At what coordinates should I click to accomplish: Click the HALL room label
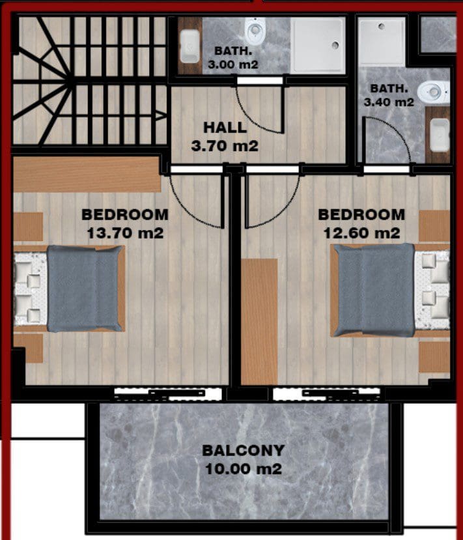pyautogui.click(x=225, y=128)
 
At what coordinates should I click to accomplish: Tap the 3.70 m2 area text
pyautogui.click(x=225, y=146)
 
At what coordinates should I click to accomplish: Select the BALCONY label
pyautogui.click(x=244, y=450)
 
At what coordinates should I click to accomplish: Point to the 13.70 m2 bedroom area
pyautogui.click(x=125, y=233)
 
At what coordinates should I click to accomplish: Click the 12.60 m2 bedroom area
pyautogui.click(x=361, y=233)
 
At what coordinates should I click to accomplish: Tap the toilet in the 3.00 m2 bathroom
pyautogui.click(x=255, y=31)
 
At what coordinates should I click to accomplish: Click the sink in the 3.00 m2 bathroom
pyautogui.click(x=189, y=46)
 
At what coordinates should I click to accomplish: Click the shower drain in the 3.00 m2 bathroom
pyautogui.click(x=335, y=44)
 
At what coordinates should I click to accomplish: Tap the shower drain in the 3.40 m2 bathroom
pyautogui.click(x=381, y=26)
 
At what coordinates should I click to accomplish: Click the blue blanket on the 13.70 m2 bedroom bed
pyautogui.click(x=85, y=289)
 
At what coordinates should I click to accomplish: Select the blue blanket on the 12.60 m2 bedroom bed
pyautogui.click(x=375, y=291)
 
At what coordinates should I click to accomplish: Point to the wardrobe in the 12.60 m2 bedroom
pyautogui.click(x=259, y=321)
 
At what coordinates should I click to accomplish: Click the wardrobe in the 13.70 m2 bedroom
pyautogui.click(x=87, y=175)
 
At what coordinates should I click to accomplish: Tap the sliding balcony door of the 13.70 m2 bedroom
pyautogui.click(x=168, y=394)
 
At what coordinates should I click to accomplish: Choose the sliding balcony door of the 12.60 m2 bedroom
pyautogui.click(x=327, y=394)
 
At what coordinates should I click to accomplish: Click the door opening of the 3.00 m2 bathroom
pyautogui.click(x=260, y=81)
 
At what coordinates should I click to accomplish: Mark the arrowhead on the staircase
pyautogui.click(x=161, y=115)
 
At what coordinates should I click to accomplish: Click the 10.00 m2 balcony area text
pyautogui.click(x=244, y=469)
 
